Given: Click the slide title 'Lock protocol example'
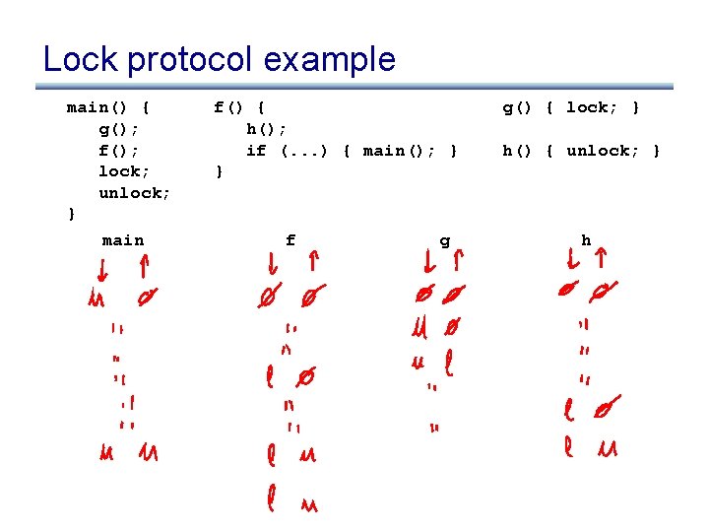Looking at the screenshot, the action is [219, 59].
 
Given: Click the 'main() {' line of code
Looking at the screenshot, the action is [108, 107].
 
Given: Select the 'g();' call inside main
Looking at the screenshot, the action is [118, 128].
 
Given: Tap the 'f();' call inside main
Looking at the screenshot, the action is [118, 150].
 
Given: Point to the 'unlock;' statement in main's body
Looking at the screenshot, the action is [134, 193].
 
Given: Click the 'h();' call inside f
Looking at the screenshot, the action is [266, 128].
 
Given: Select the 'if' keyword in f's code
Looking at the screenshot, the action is [256, 150].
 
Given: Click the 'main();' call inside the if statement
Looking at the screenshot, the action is [395, 150].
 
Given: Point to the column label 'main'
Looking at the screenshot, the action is [123, 240].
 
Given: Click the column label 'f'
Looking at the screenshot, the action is [290, 240].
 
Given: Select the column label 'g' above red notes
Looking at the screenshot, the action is [445, 240].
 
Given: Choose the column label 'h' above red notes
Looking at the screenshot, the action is [586, 240].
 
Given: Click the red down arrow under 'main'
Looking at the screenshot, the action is [103, 268].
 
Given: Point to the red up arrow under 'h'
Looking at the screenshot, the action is [601, 261].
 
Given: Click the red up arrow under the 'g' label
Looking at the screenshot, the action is [458, 261].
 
